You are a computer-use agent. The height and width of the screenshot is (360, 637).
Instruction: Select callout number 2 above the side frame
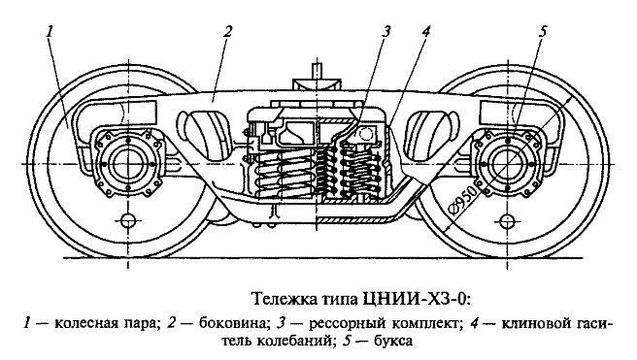[x=226, y=31]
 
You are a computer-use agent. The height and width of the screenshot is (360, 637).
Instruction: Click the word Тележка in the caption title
[x=283, y=295]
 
